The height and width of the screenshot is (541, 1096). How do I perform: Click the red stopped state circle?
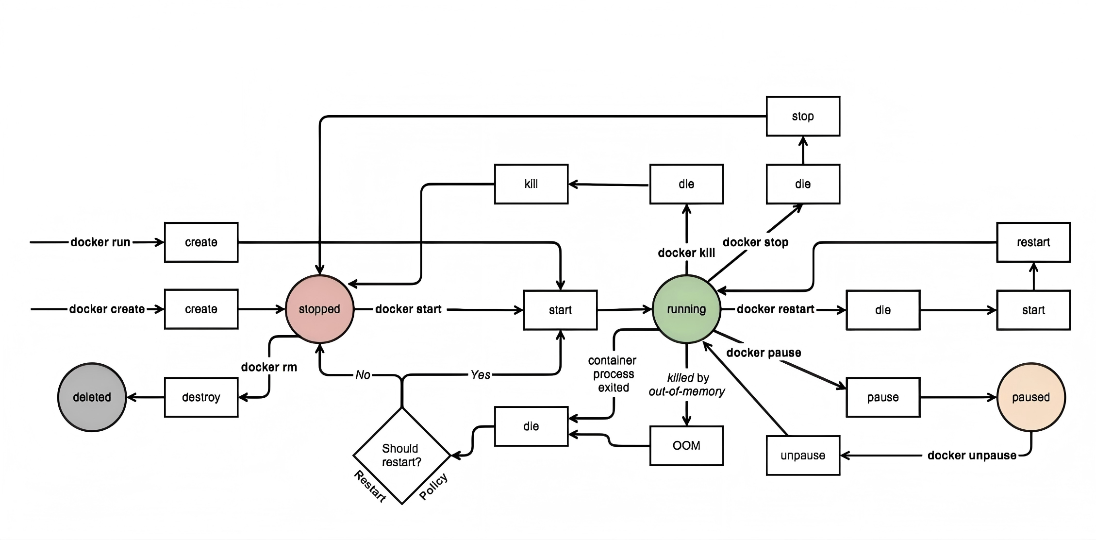pos(319,309)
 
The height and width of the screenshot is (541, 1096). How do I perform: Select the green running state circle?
pos(686,309)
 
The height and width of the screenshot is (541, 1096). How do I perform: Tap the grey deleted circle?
pos(92,397)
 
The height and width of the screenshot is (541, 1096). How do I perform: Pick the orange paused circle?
pos(1031,397)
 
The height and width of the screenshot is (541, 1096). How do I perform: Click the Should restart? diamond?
pos(401,456)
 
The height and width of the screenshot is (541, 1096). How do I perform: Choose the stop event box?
pos(803,117)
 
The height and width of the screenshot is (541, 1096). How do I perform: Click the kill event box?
pos(531,184)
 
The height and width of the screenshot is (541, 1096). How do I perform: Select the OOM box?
pos(686,446)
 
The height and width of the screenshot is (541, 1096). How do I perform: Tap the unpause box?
pos(803,456)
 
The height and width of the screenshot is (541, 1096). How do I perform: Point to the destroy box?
pos(201,397)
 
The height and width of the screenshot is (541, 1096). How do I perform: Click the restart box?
pos(1033,242)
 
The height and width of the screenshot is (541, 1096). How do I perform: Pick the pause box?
pos(883,397)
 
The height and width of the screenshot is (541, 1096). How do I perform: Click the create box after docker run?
pos(201,242)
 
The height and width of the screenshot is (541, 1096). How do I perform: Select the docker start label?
pos(408,309)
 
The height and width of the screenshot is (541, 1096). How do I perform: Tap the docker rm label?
pos(269,367)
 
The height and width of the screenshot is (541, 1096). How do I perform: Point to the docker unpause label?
pos(972,456)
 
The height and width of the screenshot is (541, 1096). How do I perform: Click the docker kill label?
pos(686,253)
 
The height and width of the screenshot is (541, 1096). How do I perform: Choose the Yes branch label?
pos(481,375)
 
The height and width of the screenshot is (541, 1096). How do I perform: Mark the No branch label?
pos(363,375)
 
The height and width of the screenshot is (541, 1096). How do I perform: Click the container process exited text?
pos(613,374)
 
